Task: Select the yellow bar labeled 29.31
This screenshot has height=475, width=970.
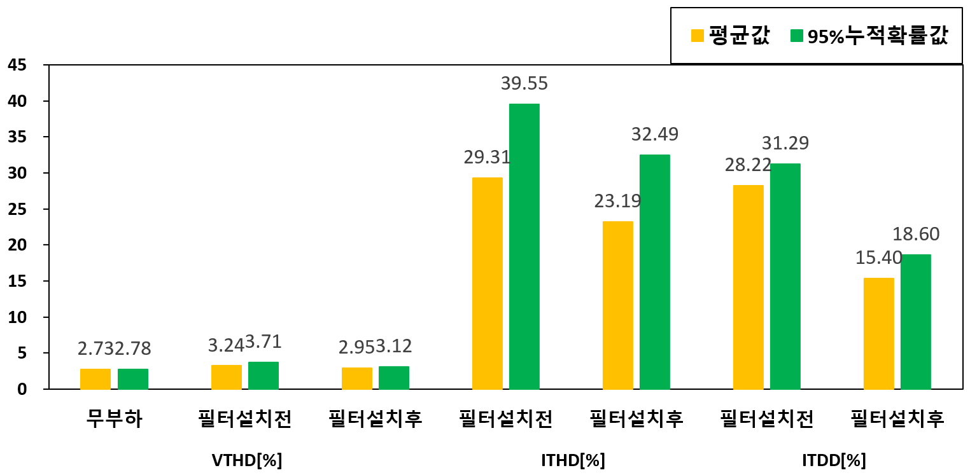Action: [487, 283]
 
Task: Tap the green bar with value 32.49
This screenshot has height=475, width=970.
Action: [654, 272]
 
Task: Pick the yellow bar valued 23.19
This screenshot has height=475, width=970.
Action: [617, 305]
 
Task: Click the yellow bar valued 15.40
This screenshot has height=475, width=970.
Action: [878, 333]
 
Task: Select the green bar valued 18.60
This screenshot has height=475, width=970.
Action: [915, 321]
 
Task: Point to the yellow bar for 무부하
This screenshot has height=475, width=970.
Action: [95, 378]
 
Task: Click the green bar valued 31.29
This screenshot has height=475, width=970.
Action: [785, 276]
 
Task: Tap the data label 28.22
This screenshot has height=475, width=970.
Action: [748, 165]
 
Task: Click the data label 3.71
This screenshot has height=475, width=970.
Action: [264, 342]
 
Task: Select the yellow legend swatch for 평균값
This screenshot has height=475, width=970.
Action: [698, 36]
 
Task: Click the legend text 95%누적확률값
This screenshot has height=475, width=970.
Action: [878, 37]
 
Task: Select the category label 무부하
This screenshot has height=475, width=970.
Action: [115, 419]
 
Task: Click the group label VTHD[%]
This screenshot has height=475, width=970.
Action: [246, 460]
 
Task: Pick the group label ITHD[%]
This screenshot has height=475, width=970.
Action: [573, 460]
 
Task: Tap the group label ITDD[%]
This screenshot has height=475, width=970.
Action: [834, 460]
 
